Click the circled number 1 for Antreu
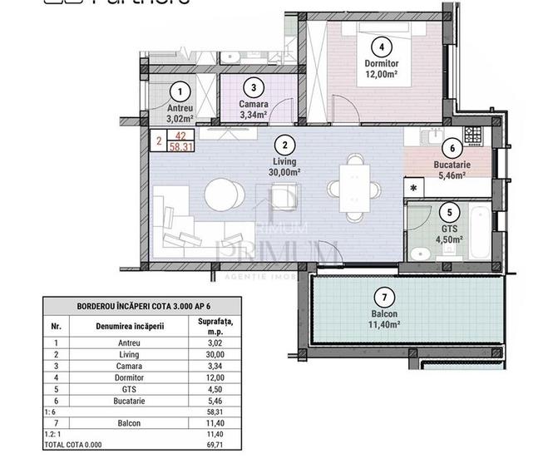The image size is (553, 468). (x=180, y=91)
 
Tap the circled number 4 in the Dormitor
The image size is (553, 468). (x=382, y=47)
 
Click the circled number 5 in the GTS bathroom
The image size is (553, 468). (x=450, y=213)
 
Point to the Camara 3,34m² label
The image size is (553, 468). (x=253, y=109)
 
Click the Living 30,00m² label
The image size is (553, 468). (x=284, y=166)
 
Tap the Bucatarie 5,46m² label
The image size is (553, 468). (x=452, y=170)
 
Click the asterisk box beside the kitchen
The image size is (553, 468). (x=413, y=188)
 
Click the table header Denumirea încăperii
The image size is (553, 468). (x=130, y=326)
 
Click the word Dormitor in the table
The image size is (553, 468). (x=129, y=377)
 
